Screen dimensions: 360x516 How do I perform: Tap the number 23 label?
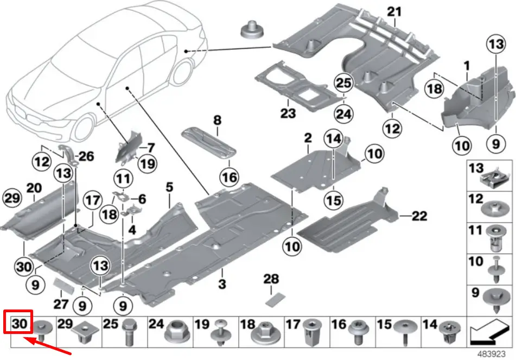coord(288,113)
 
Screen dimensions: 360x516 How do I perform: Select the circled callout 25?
coord(343,83)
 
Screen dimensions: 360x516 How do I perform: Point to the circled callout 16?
coord(229,177)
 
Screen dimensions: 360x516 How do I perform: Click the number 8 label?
coord(217,119)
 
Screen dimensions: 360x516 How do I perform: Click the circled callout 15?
coord(334,200)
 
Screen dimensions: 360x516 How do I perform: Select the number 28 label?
coord(271,279)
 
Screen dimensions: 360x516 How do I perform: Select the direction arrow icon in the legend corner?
coord(490,330)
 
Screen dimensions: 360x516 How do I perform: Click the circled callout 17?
coord(92,200)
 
